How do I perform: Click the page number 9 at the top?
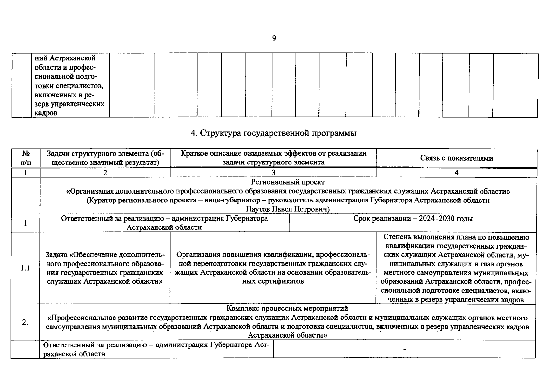coord(274,39)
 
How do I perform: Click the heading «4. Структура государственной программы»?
coord(273,133)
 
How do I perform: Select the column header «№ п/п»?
coord(26,158)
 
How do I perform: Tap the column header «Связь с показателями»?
coord(456,158)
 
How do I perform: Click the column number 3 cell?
coord(273,173)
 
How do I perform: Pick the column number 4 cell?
coord(456,173)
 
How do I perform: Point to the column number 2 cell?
coord(105,173)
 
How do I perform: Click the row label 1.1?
coord(25,268)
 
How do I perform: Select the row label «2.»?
coord(25,322)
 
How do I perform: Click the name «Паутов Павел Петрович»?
coord(288,209)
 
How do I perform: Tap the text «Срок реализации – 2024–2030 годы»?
coord(413,219)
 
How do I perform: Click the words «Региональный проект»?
coord(288,182)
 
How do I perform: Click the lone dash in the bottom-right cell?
coord(404,349)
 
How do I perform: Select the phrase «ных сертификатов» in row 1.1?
coord(273,281)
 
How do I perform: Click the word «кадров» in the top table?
coord(46,113)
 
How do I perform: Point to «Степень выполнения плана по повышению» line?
coord(456,237)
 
